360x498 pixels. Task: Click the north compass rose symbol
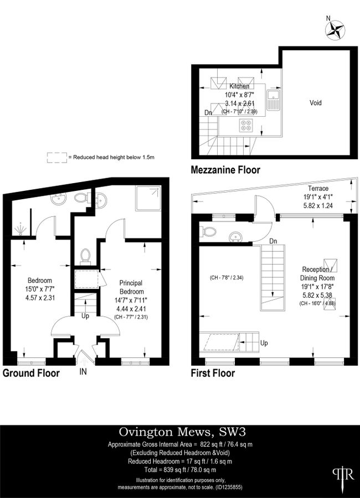coord(335,30)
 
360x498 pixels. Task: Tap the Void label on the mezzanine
coord(316,102)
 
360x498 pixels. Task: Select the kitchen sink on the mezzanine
coord(273,100)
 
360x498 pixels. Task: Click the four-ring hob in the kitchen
coord(245,125)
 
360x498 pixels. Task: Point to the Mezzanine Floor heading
coord(225,170)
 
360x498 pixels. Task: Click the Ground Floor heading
coord(31,372)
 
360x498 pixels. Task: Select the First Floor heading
coord(213,373)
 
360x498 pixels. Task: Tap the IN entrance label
coord(83,371)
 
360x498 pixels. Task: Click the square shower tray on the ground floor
coord(148,199)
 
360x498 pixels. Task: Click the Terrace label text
coord(318,188)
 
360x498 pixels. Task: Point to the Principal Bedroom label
coord(131,287)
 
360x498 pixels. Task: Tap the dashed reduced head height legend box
coord(57,158)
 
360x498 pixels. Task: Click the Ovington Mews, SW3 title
coord(183,432)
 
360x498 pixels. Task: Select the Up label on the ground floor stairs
coord(85,316)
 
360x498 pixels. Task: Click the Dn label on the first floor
coord(273,241)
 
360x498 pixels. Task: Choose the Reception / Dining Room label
coord(317,273)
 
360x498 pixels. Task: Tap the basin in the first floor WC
coord(235,236)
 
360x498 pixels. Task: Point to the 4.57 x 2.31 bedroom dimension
coord(40,298)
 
